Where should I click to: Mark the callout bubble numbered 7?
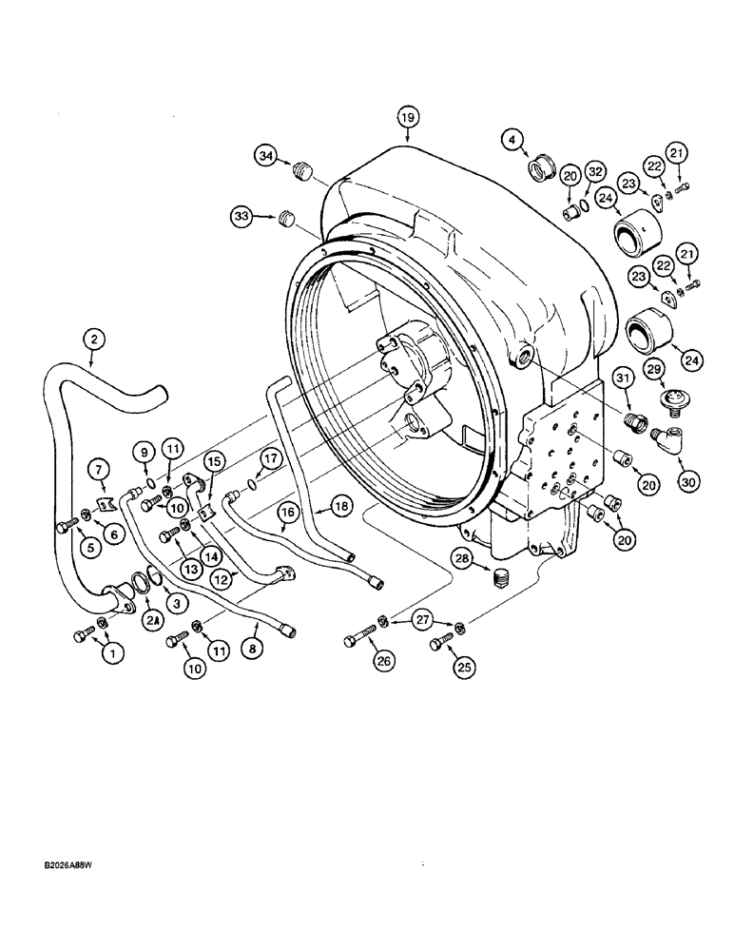pyautogui.click(x=104, y=469)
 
